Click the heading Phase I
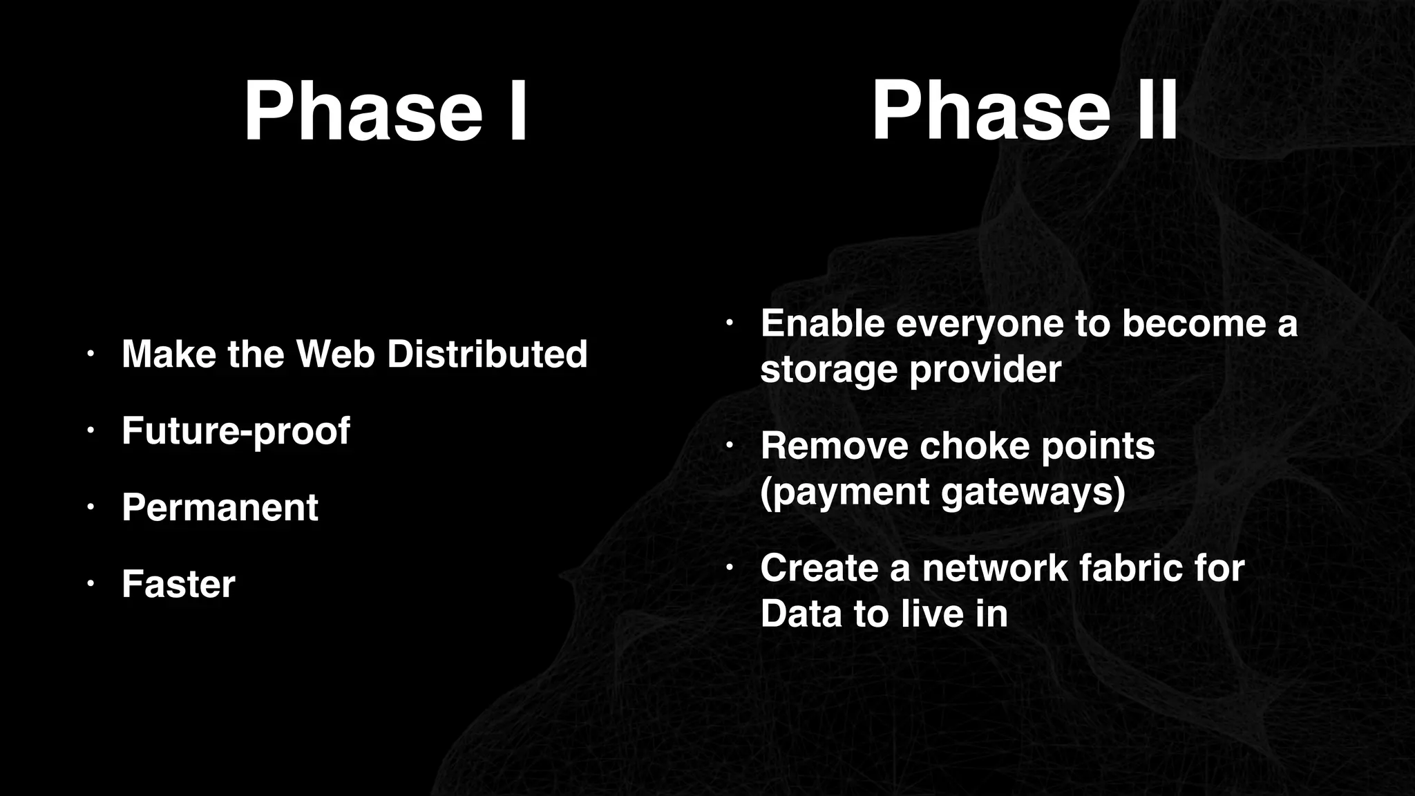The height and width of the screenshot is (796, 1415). click(386, 111)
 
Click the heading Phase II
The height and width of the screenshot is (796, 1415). click(1025, 111)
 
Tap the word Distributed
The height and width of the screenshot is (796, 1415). click(486, 354)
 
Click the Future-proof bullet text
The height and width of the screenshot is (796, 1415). click(236, 431)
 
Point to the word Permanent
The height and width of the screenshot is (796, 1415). click(220, 507)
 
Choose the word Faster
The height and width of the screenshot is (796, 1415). click(178, 584)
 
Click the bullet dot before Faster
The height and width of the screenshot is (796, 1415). click(89, 585)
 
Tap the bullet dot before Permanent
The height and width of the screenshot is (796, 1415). click(89, 508)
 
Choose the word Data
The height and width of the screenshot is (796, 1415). click(801, 614)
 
